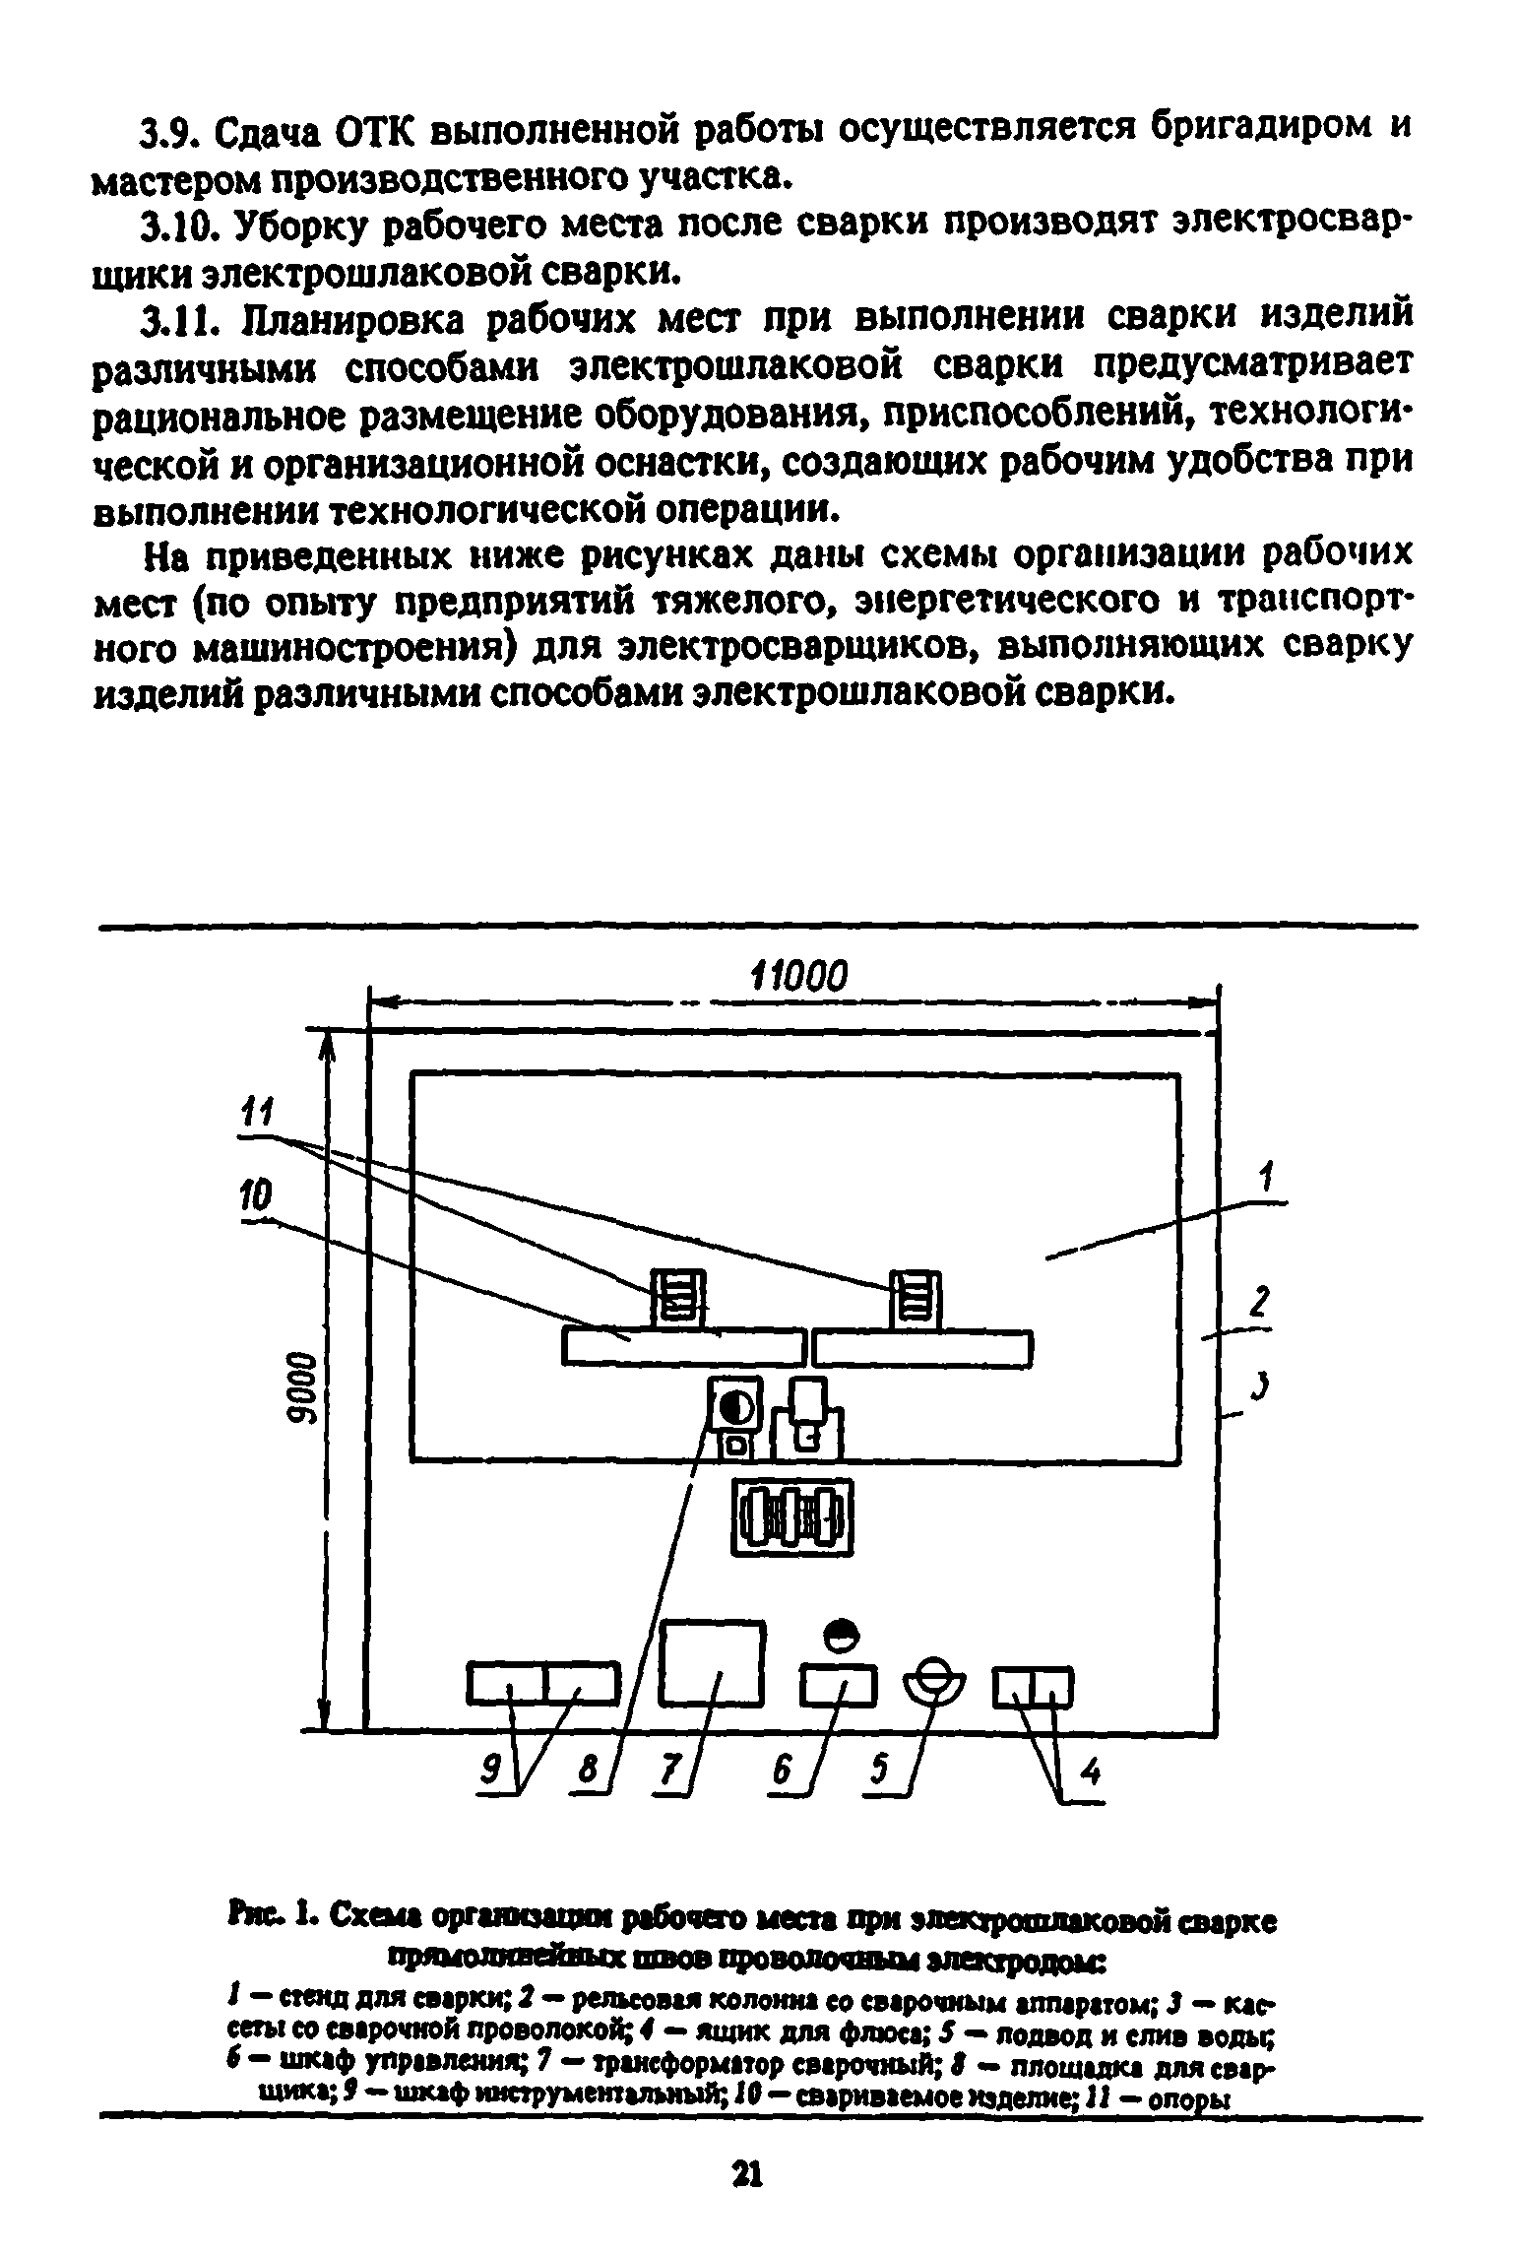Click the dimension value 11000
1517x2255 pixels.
[x=797, y=977]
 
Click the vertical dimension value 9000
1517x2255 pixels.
[x=297, y=1385]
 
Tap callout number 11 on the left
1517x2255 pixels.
[x=256, y=1118]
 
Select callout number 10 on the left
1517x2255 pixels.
[x=255, y=1200]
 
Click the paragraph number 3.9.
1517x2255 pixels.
[x=173, y=129]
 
